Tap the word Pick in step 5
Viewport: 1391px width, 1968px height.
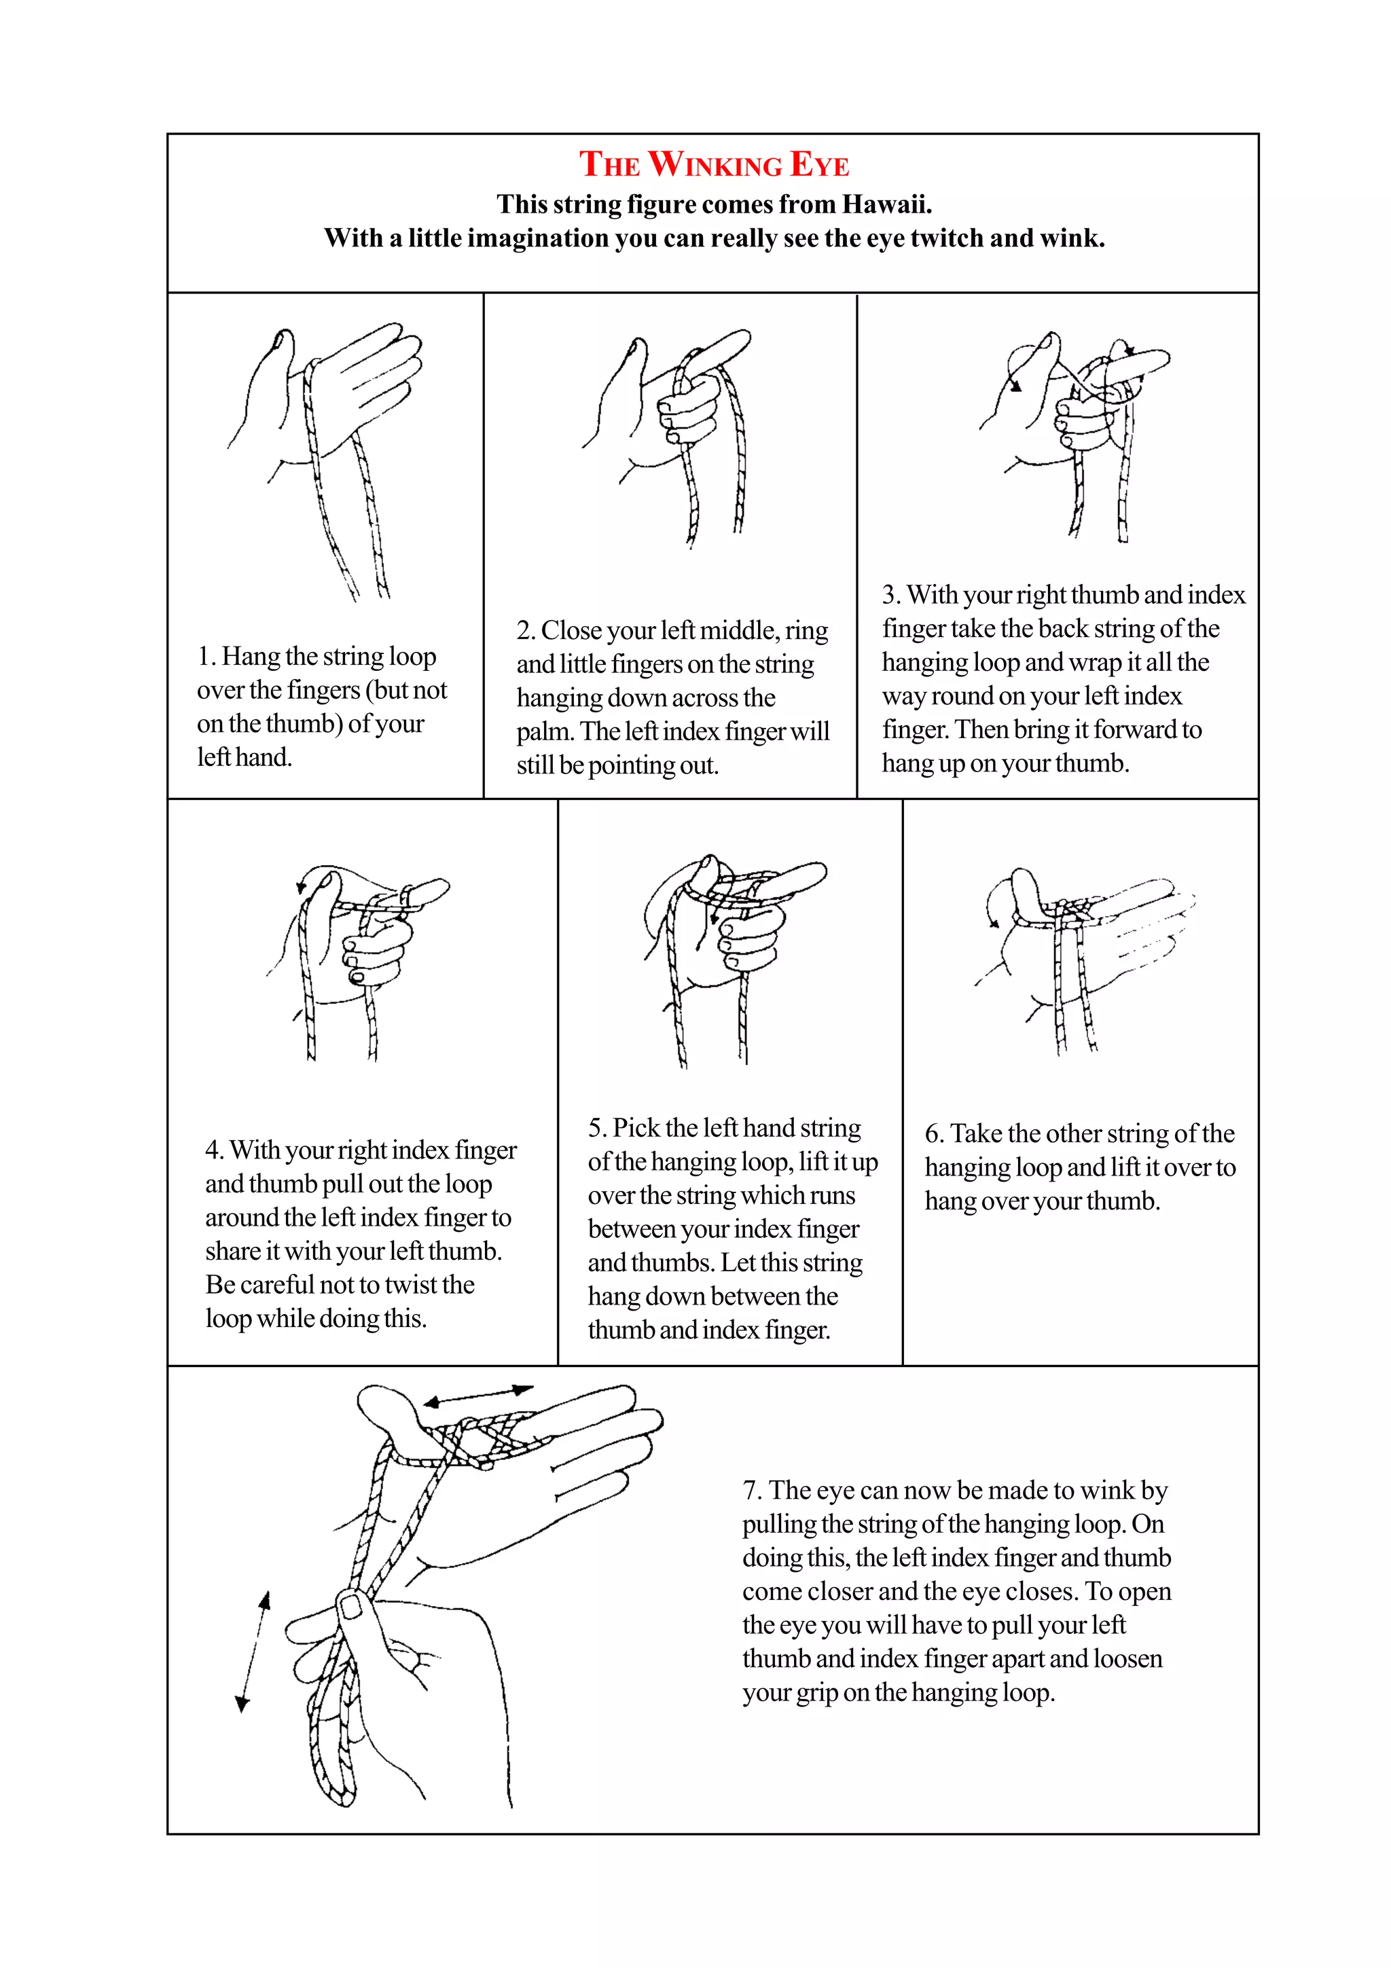point(635,1128)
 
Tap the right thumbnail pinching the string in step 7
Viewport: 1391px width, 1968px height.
point(350,1605)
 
